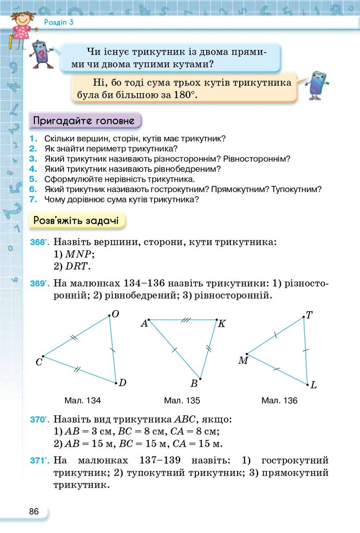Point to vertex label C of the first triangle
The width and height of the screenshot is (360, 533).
(39, 362)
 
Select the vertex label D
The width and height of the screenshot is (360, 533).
(122, 383)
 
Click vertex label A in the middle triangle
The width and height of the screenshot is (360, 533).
(144, 324)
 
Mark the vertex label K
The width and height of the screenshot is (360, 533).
(221, 324)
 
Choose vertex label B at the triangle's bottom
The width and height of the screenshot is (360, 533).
(194, 384)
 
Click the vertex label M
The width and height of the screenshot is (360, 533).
(243, 360)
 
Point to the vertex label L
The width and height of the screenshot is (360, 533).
(313, 386)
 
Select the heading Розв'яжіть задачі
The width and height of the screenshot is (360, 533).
(76, 220)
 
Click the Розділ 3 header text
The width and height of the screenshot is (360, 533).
(58, 22)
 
